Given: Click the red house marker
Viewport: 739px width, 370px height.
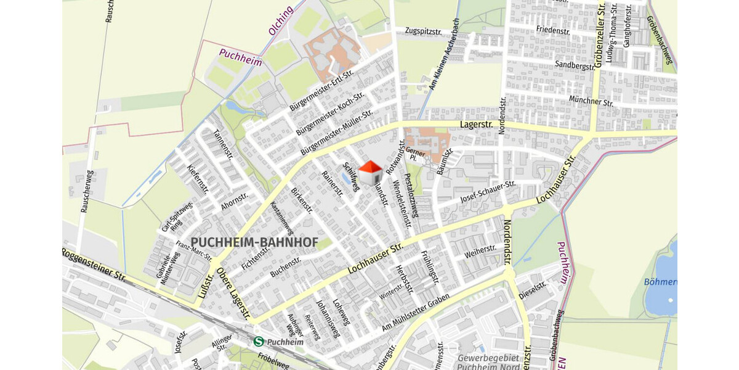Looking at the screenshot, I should tap(370, 173).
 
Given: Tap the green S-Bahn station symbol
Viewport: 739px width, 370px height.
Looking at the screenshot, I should tap(259, 341).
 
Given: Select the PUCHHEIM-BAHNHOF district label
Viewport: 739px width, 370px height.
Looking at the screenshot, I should tap(254, 243).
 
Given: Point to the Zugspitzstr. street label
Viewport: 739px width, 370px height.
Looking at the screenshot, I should tap(424, 31).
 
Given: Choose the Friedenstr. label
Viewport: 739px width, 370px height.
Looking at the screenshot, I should tap(552, 30).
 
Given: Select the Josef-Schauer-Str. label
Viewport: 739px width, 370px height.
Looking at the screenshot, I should tap(487, 192).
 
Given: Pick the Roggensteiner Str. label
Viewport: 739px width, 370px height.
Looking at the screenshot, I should tap(94, 264).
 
